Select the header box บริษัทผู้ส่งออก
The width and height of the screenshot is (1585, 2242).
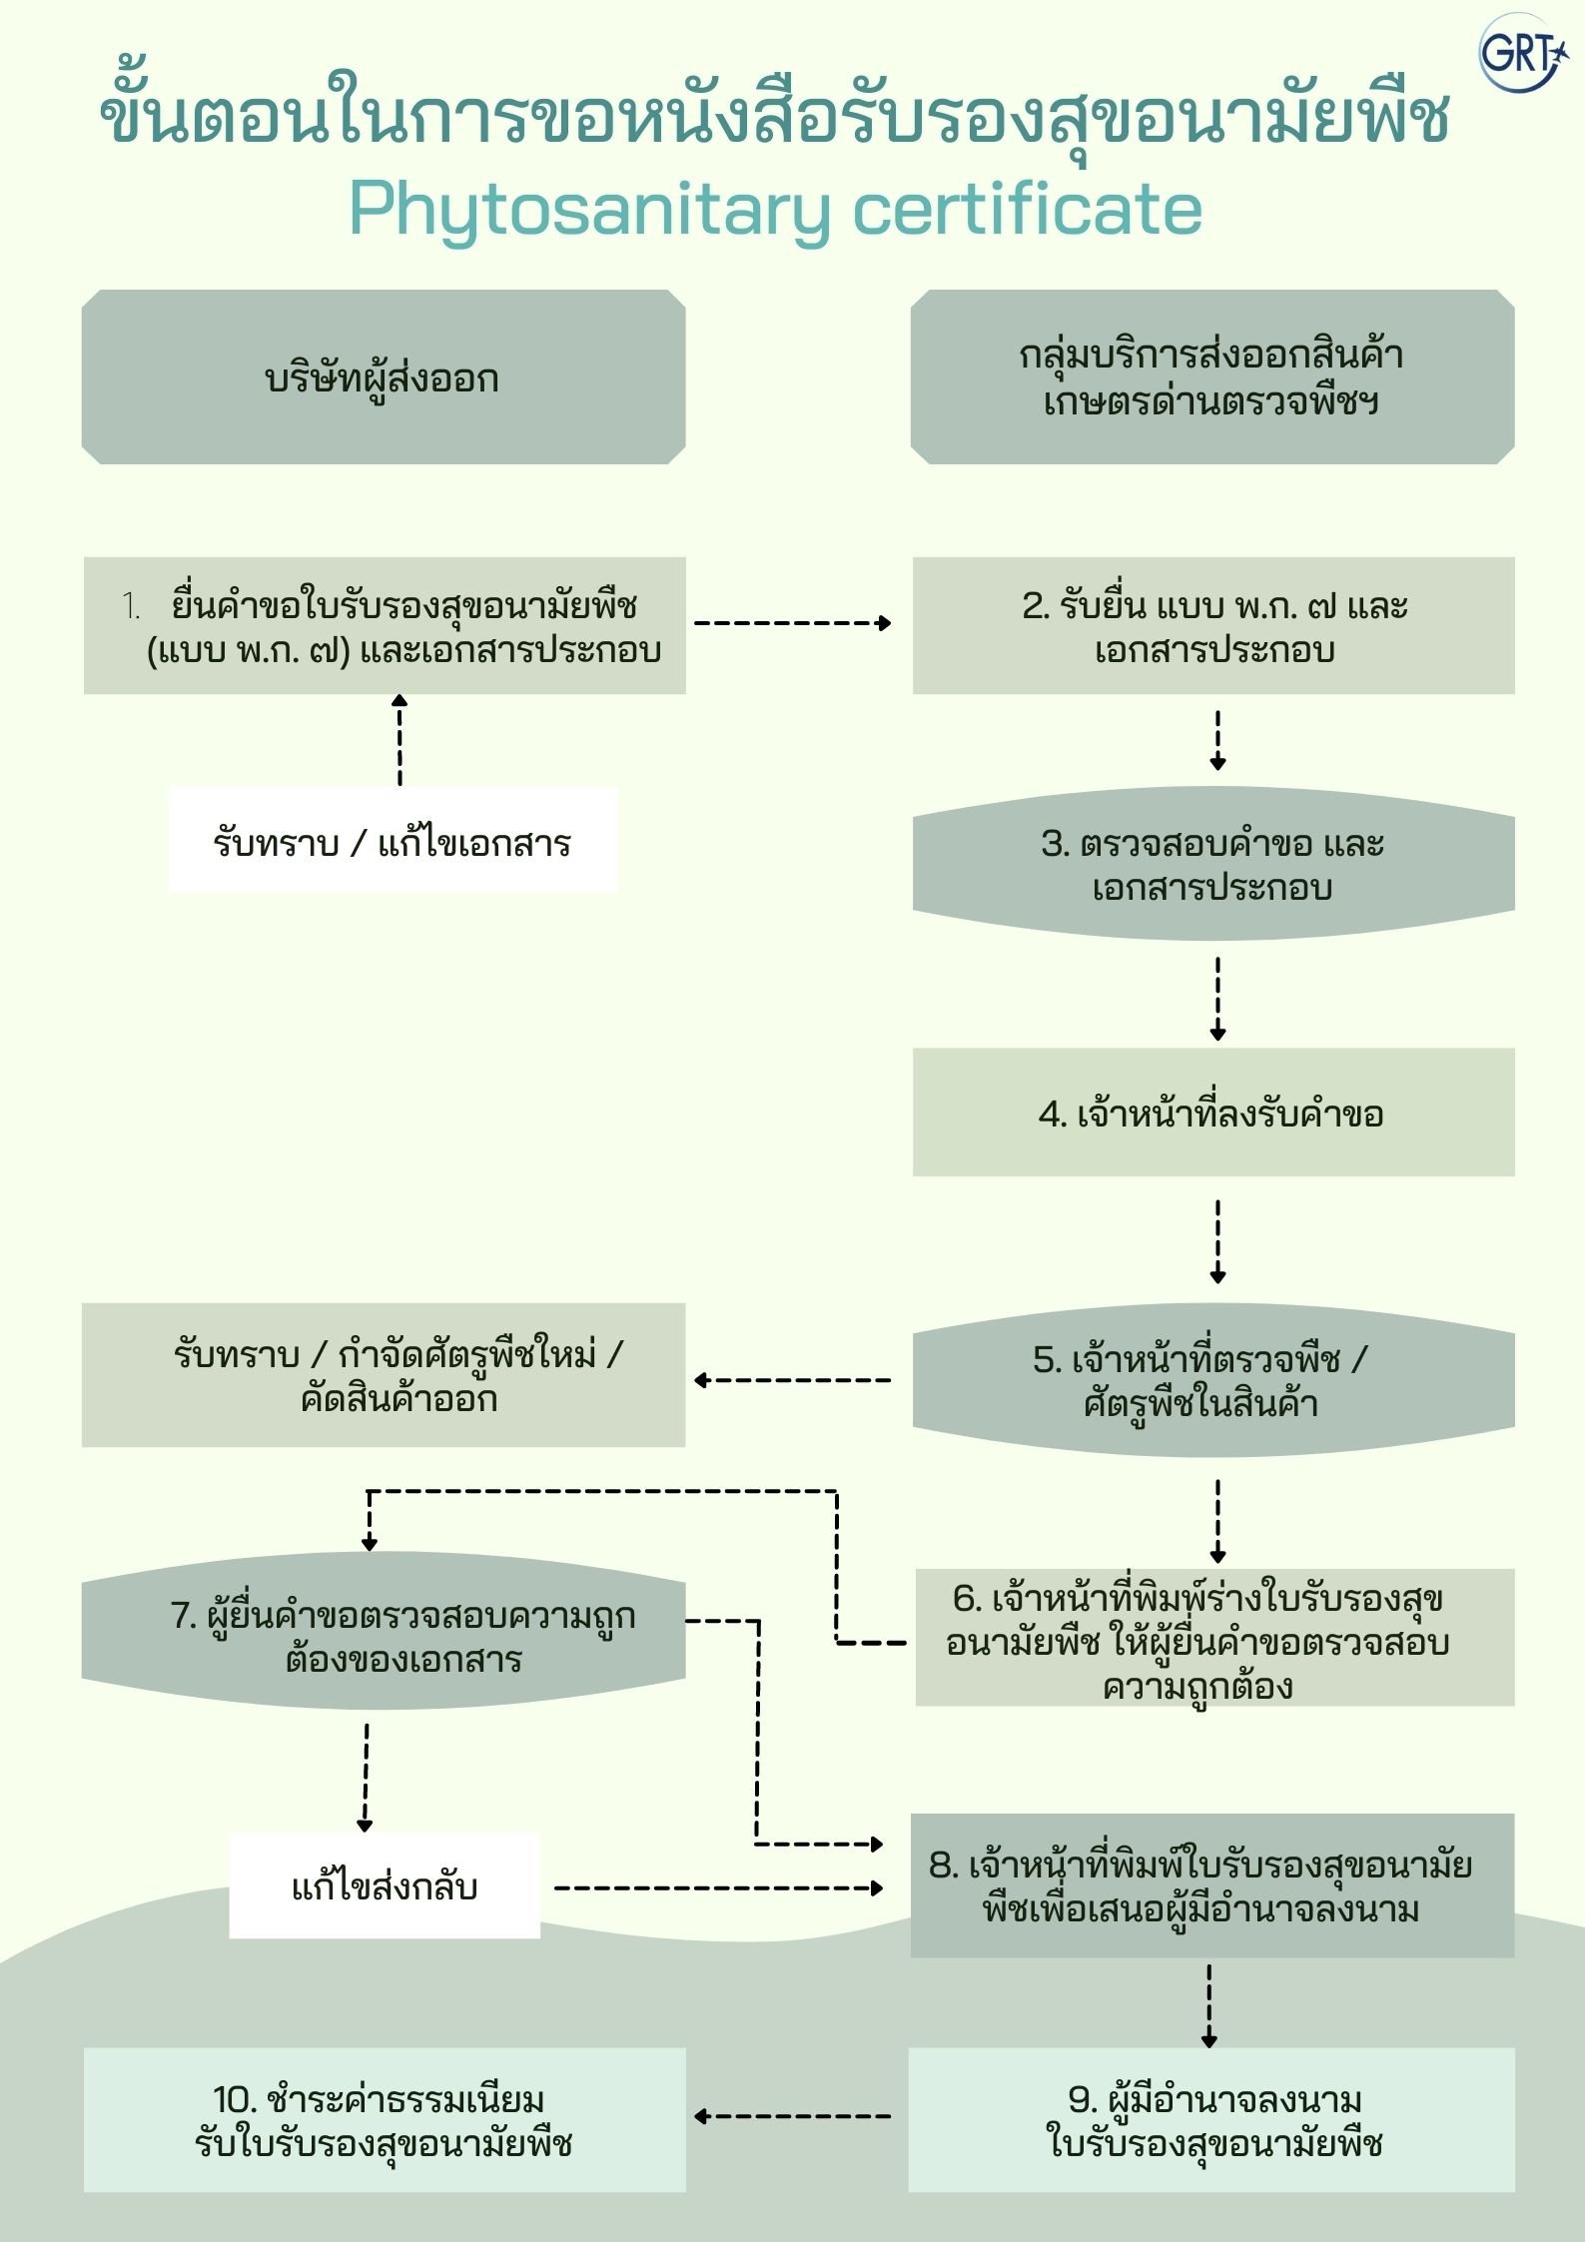pyautogui.click(x=384, y=377)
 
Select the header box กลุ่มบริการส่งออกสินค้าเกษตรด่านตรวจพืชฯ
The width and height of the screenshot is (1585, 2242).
pyautogui.click(x=1212, y=377)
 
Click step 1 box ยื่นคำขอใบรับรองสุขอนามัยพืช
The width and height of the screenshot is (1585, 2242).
pyautogui.click(x=385, y=626)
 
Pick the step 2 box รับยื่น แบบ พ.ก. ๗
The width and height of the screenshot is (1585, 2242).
pyautogui.click(x=1213, y=626)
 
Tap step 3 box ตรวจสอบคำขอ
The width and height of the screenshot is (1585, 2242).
pyautogui.click(x=1213, y=865)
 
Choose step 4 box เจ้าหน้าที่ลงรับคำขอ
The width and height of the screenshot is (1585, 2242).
pyautogui.click(x=1213, y=1113)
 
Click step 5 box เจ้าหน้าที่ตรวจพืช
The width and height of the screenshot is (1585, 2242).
pyautogui.click(x=1213, y=1381)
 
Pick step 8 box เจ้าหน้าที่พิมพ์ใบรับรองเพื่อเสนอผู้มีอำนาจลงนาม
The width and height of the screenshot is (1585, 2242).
pyautogui.click(x=1212, y=1886)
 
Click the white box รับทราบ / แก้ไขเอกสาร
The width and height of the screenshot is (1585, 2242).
pyautogui.click(x=393, y=840)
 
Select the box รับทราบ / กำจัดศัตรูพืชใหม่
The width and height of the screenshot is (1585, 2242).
pyautogui.click(x=384, y=1375)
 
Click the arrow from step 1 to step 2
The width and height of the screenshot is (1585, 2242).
pyautogui.click(x=792, y=623)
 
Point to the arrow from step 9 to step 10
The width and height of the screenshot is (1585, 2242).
pyautogui.click(x=792, y=2116)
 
